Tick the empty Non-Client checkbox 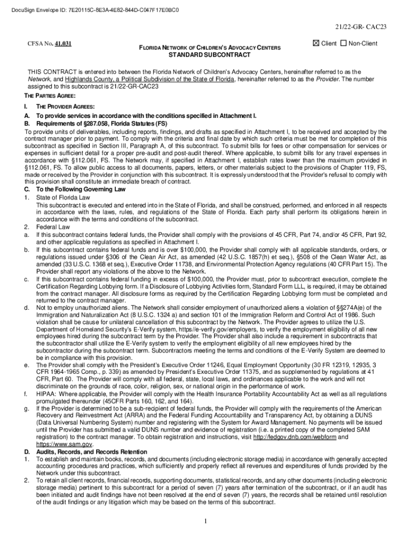tap(343, 43)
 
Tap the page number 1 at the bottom tap(205, 520)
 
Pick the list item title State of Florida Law tap(63, 197)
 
